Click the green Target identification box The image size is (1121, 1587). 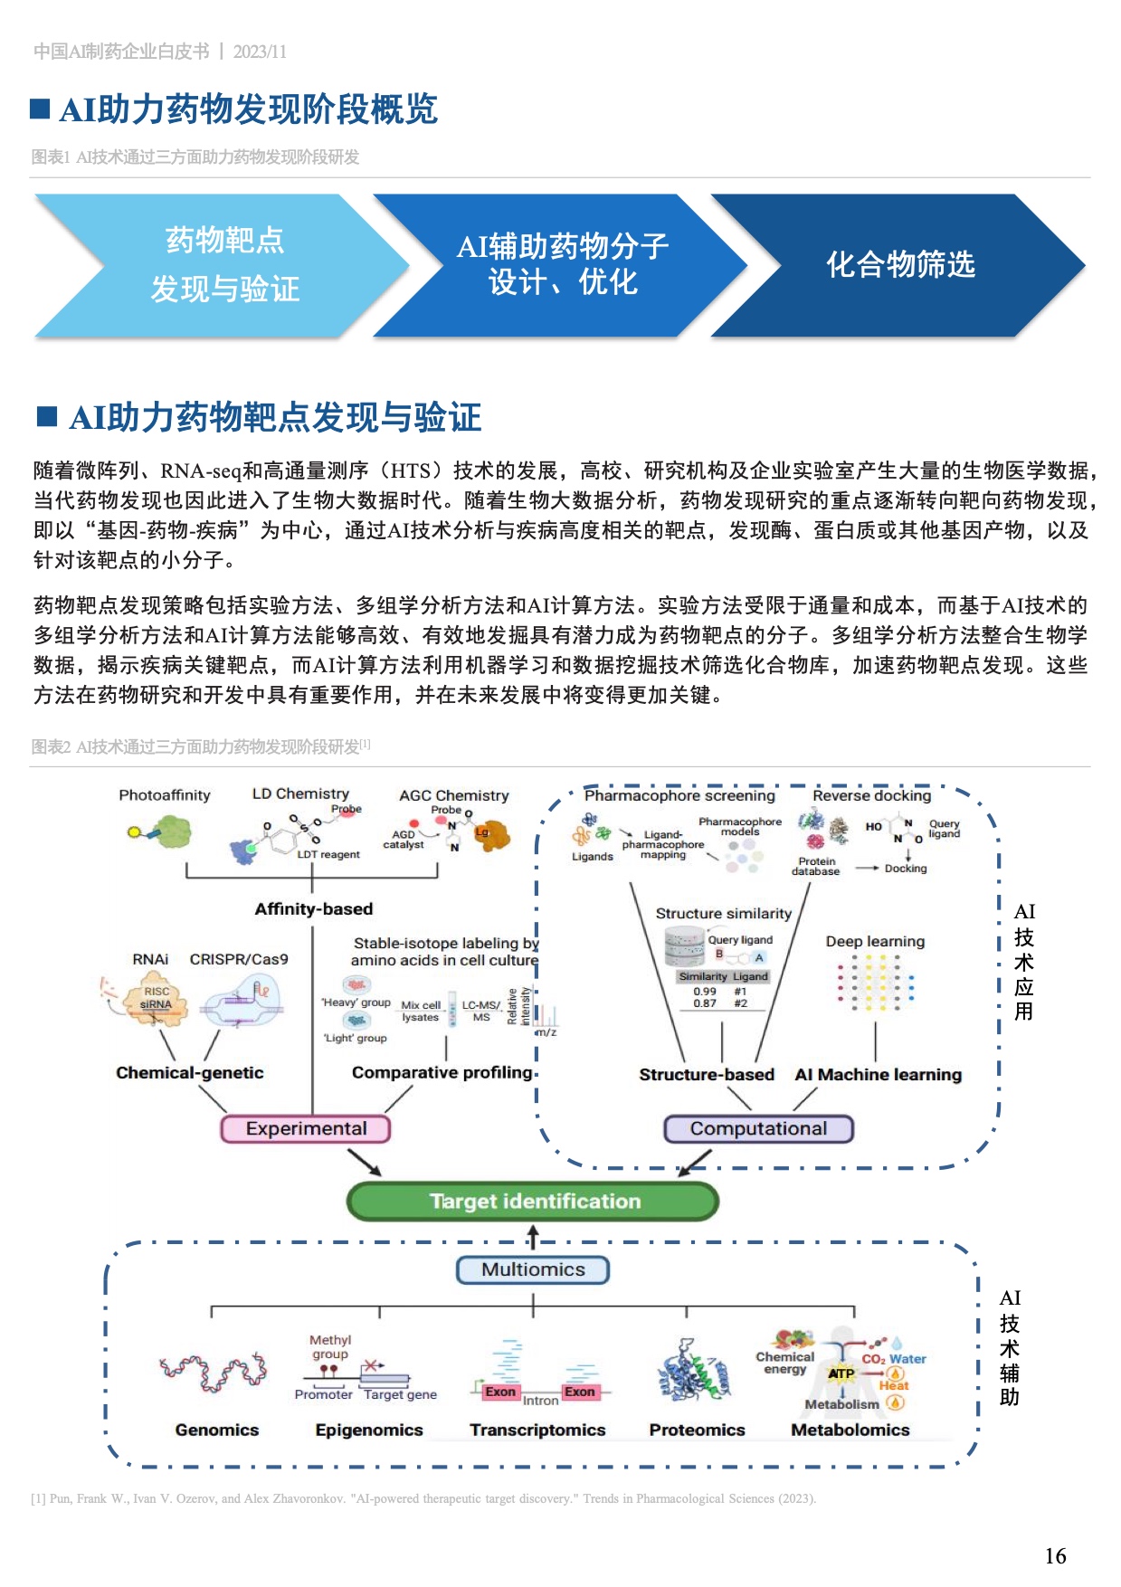533,1201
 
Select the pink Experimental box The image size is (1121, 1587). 306,1128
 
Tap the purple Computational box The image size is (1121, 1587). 758,1128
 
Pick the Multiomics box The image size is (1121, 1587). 533,1269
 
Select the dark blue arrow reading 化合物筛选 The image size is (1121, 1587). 899,265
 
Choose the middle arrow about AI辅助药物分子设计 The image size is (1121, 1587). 562,265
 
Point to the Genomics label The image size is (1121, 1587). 217,1430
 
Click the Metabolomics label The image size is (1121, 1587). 850,1430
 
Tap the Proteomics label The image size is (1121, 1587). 697,1430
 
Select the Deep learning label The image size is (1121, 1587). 875,941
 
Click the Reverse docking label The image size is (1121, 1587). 871,795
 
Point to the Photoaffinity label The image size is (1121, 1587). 165,795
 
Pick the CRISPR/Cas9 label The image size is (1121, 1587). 239,959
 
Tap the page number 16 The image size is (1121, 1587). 1055,1556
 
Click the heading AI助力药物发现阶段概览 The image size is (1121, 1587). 248,109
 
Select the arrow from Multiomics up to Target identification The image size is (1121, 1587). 533,1237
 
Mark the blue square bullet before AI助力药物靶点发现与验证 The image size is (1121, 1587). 46,415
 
